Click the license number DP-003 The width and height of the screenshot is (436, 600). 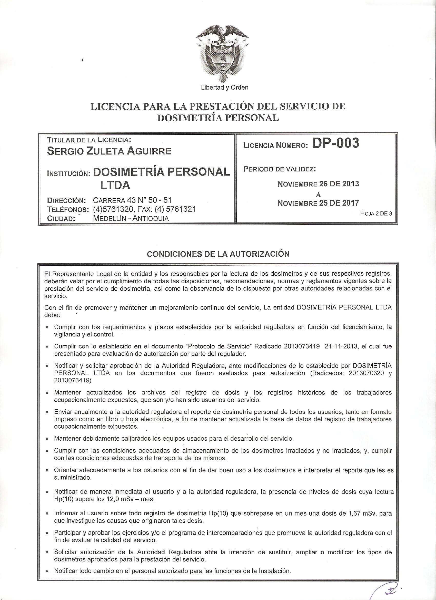pyautogui.click(x=335, y=143)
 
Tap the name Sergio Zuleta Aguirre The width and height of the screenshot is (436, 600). pyautogui.click(x=109, y=151)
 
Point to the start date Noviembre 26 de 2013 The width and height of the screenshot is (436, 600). pyautogui.click(x=318, y=184)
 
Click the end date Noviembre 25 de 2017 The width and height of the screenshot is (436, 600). pyautogui.click(x=318, y=203)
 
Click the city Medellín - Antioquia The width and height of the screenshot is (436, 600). pyautogui.click(x=131, y=218)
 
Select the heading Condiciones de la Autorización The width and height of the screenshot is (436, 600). pyautogui.click(x=218, y=254)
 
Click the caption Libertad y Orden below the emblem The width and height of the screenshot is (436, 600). pyautogui.click(x=224, y=88)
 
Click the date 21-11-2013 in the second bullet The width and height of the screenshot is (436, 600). pyautogui.click(x=340, y=346)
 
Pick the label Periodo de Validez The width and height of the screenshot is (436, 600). pyautogui.click(x=280, y=169)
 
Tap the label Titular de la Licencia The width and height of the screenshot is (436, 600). pyautogui.click(x=89, y=139)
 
